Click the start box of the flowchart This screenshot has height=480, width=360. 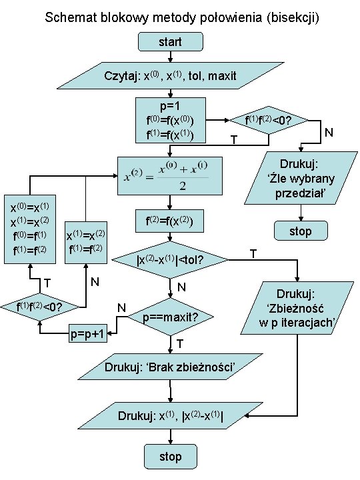click(x=170, y=42)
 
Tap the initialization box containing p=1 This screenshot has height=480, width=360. click(x=170, y=121)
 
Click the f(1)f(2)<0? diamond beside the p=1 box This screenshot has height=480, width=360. click(x=269, y=120)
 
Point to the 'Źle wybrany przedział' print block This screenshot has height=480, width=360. click(x=300, y=178)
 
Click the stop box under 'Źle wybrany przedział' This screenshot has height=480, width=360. click(x=301, y=231)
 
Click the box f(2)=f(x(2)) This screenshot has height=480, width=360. click(x=170, y=220)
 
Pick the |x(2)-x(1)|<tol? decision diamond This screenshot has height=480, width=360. click(x=170, y=259)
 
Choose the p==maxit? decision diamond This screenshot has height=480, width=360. click(x=170, y=317)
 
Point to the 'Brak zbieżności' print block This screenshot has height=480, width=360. click(x=170, y=367)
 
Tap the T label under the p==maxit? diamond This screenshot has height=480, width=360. click(x=180, y=343)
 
